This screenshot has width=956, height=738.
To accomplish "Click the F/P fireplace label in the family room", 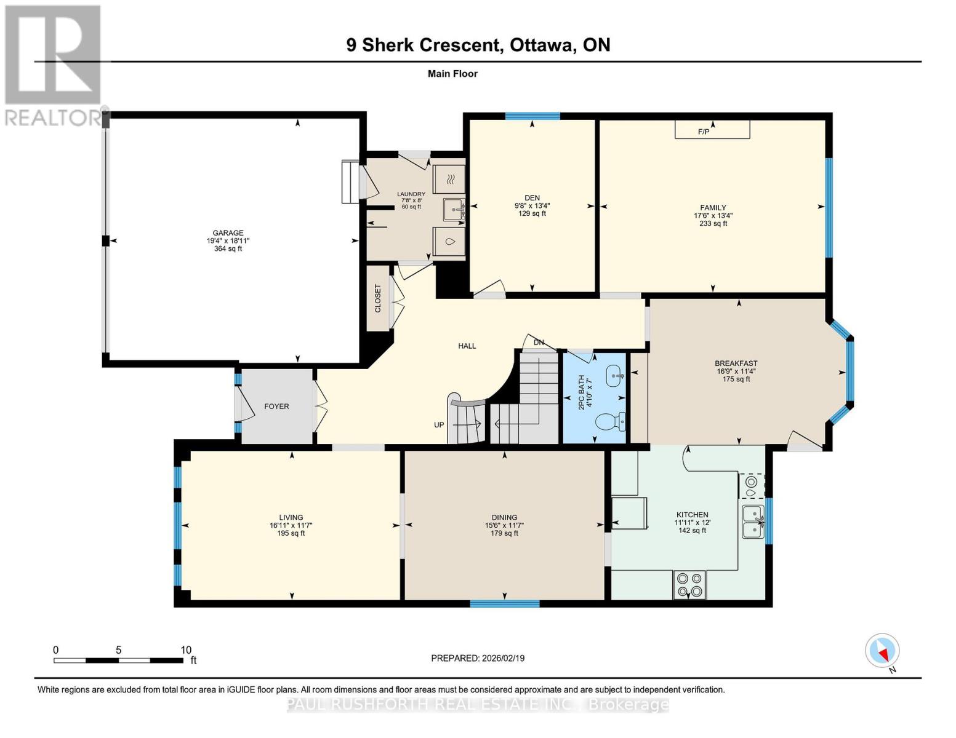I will pos(704,132).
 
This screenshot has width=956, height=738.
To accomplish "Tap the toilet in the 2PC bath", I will pos(611,421).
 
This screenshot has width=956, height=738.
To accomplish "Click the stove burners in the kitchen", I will pos(689,584).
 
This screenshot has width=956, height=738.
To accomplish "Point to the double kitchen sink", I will pos(752,522).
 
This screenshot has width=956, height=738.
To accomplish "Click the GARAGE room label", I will pos(228,233).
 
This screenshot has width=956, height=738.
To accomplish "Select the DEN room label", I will pos(532,198).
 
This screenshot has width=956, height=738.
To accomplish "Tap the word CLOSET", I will pos(378,298).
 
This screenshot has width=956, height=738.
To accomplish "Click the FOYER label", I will pos(276,407).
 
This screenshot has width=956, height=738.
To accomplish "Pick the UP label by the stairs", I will pos(439,425).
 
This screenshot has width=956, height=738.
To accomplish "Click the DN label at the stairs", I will pos(539,343).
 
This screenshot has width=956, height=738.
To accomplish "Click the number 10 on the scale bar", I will pos(186,650).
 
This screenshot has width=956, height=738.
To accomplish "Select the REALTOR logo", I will pos(53,65).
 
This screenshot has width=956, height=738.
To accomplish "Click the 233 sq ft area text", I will pos(713,223).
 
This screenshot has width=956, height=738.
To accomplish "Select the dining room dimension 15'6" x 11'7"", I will pos(504,525).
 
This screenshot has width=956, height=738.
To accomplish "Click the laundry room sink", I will pos(454,210).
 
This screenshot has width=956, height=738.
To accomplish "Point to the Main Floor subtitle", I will pos(452,74).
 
